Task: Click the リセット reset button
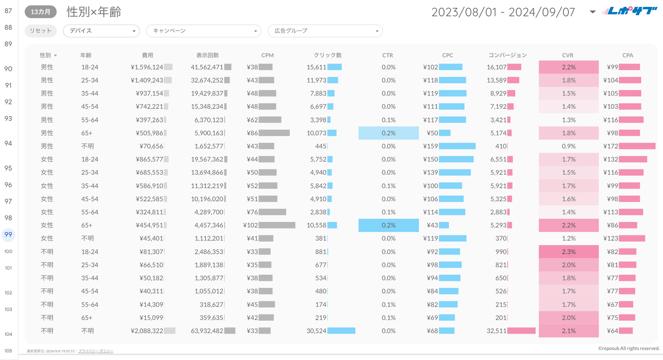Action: click(x=40, y=31)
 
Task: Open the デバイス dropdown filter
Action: click(x=101, y=31)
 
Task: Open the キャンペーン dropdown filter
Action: click(x=203, y=31)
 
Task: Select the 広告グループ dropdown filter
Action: click(x=325, y=31)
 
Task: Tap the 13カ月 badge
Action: click(x=41, y=12)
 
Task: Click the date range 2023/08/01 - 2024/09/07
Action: click(x=503, y=12)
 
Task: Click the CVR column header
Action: click(x=568, y=55)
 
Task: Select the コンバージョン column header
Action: click(x=507, y=55)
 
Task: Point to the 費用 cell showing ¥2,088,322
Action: click(x=147, y=331)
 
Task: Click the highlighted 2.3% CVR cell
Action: click(x=568, y=252)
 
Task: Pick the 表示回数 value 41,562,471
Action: click(x=207, y=67)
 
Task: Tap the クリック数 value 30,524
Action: click(x=316, y=331)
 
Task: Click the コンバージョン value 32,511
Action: click(x=496, y=331)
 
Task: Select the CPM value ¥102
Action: click(x=251, y=225)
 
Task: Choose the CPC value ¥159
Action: click(x=430, y=146)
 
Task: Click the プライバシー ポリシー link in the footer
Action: click(x=96, y=351)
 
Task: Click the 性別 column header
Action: click(x=46, y=55)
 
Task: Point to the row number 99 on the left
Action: click(x=8, y=234)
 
